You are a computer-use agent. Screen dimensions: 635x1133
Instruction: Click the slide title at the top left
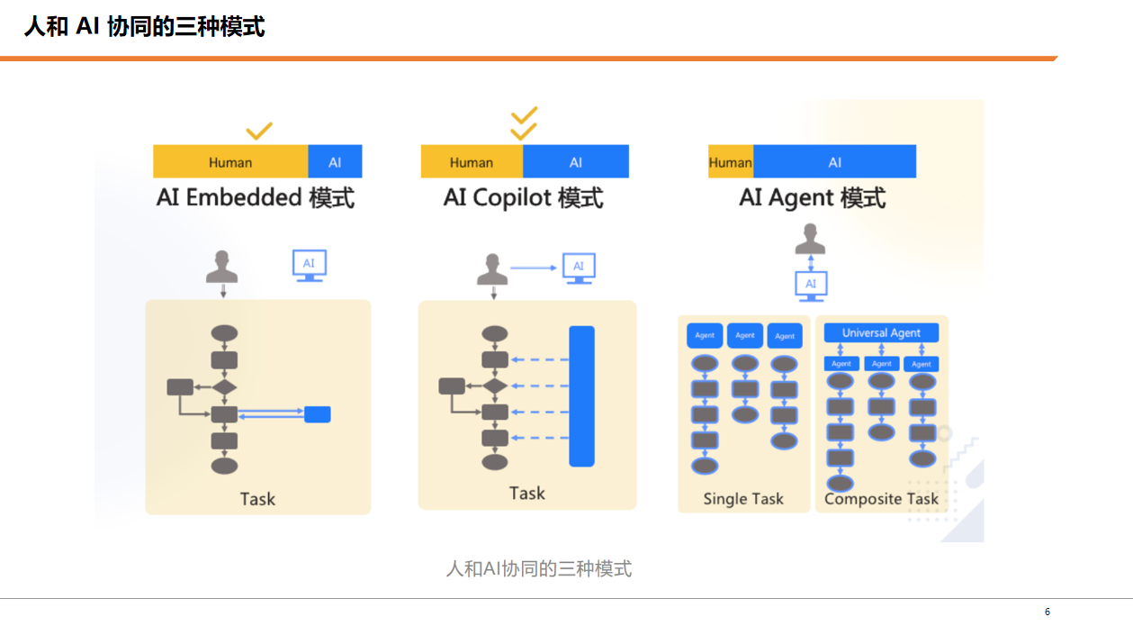coord(145,27)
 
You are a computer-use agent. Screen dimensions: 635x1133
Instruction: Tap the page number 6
coord(1047,612)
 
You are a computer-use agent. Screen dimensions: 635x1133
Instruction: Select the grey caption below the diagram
coord(539,569)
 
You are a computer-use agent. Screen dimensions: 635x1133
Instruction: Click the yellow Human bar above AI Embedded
coord(230,162)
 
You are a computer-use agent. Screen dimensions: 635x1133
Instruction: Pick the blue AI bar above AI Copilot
coord(575,162)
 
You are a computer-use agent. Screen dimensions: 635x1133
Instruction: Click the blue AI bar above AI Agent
coord(834,162)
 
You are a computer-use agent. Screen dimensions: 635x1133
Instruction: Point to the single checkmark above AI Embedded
coord(259,132)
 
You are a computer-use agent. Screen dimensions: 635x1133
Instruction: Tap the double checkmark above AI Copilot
coord(524,123)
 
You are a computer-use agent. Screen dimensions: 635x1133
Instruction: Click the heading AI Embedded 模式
coord(256,197)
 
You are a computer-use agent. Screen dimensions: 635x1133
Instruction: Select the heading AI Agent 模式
coord(812,197)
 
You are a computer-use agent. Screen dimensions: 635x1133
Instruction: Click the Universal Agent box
coord(881,333)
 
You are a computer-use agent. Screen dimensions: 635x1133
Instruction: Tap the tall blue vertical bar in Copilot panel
coord(581,396)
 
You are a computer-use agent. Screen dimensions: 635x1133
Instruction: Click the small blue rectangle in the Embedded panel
coord(317,414)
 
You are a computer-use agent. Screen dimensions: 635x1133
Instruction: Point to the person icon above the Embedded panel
coord(222,268)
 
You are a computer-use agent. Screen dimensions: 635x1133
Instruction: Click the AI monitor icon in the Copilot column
coord(579,268)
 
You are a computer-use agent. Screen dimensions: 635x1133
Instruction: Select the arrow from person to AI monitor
coord(534,268)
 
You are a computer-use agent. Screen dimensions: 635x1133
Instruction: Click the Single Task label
coord(743,499)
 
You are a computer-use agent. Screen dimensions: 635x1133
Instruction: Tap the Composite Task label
coord(881,499)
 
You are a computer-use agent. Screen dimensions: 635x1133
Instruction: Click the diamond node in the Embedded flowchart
coord(224,387)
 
